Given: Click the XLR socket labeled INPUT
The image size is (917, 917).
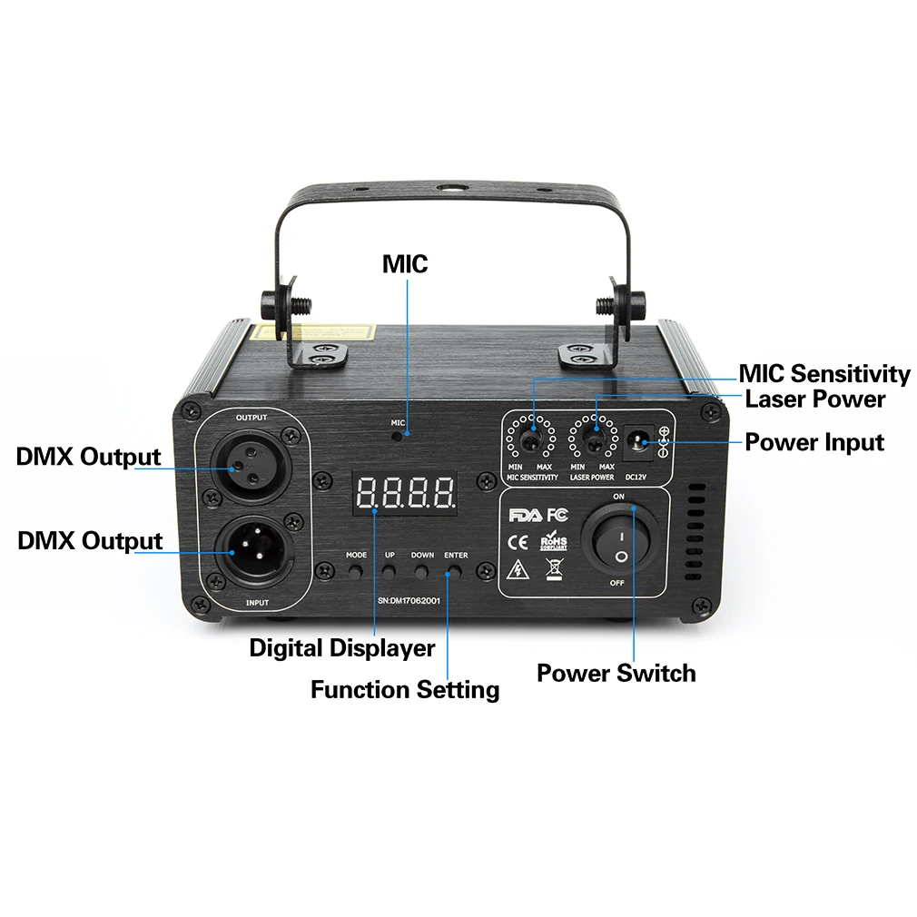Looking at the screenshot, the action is [x=251, y=552].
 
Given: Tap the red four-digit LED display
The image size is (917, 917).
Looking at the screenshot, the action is [x=406, y=494].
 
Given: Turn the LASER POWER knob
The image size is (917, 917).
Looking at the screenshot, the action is [x=594, y=443].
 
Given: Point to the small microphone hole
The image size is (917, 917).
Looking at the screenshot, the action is [x=399, y=434].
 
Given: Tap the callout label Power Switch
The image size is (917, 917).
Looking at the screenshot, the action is [x=616, y=674].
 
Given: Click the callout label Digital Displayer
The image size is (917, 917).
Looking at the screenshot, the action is [x=342, y=649].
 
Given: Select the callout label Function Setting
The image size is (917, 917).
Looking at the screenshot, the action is [x=405, y=690].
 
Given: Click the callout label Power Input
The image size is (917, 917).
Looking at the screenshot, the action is [x=814, y=443].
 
